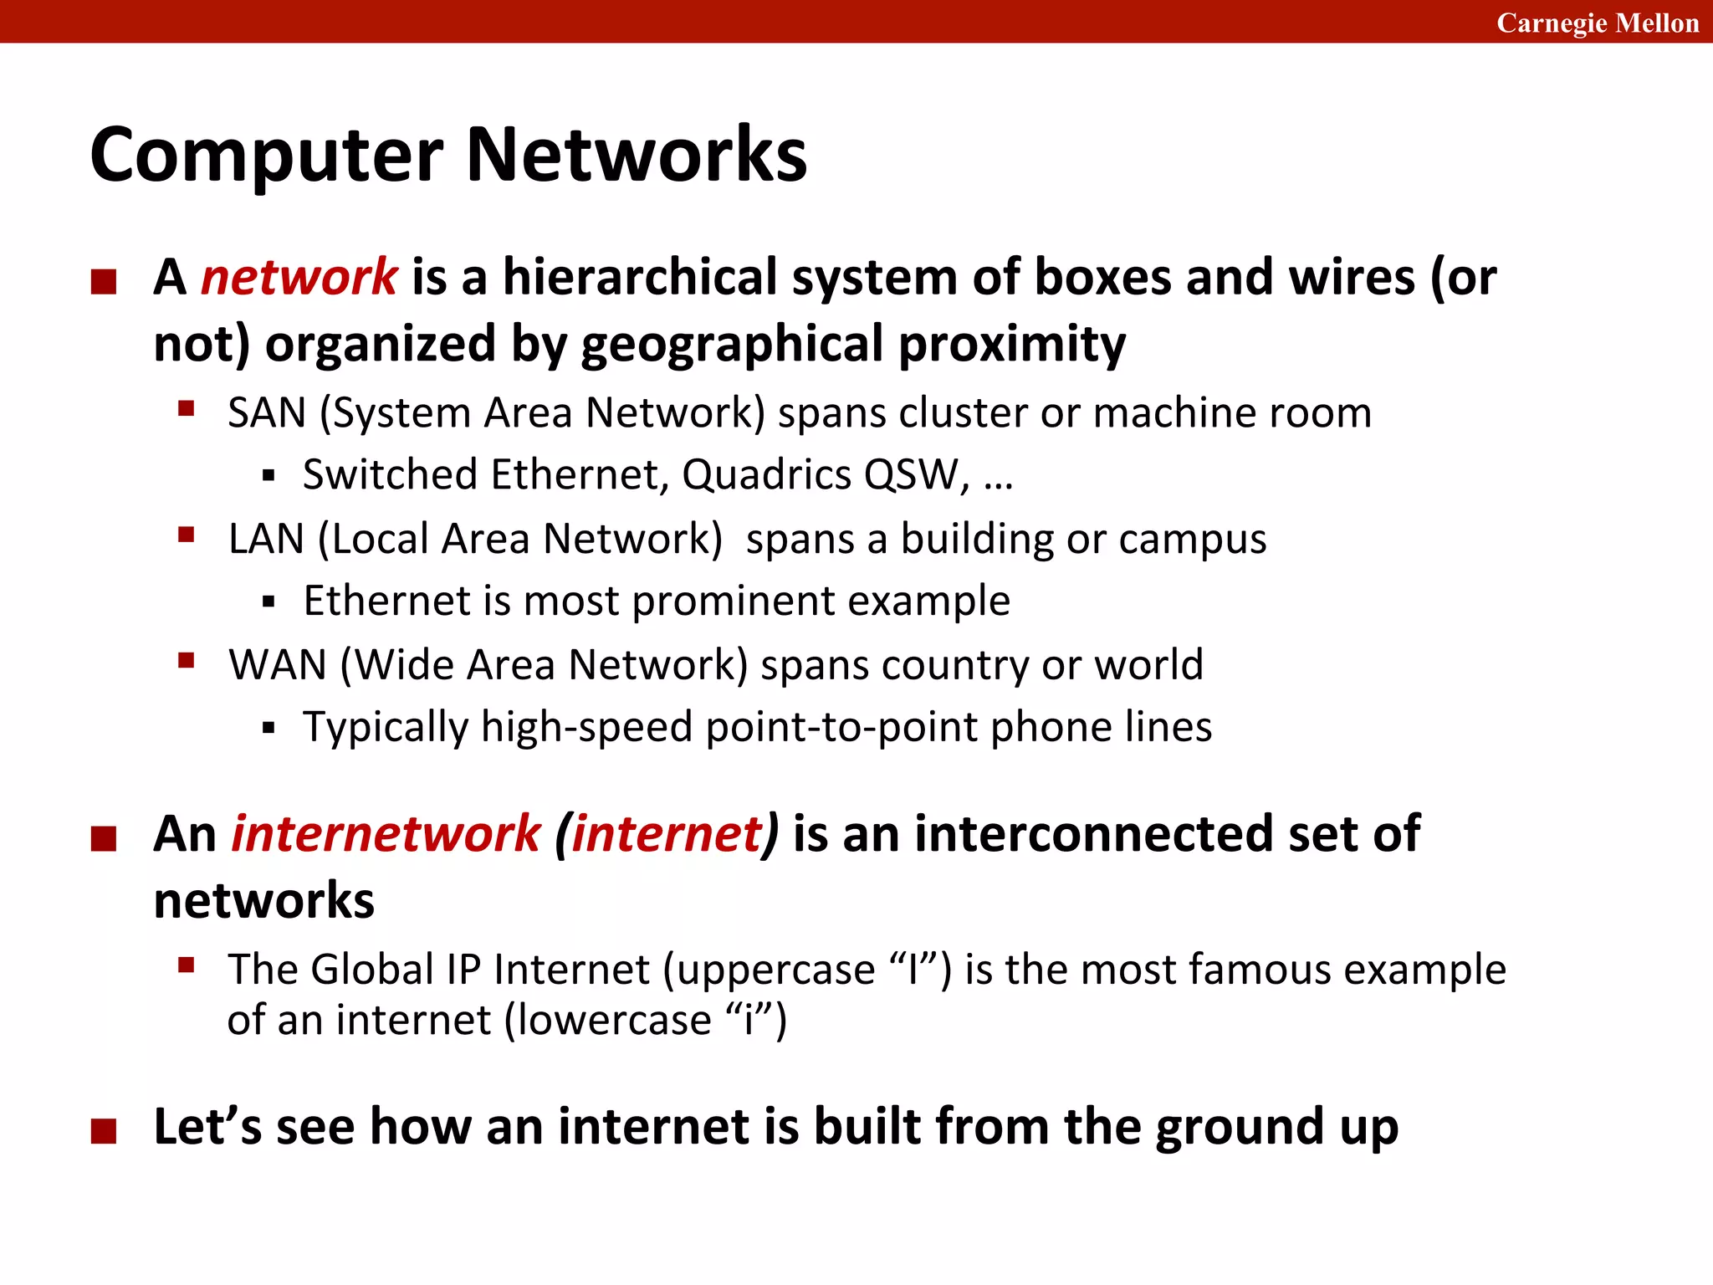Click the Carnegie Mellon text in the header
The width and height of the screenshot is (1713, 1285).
(1597, 23)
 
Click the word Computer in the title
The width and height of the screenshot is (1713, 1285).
(266, 156)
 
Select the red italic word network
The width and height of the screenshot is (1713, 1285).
(299, 277)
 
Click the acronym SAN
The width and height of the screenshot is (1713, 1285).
(267, 413)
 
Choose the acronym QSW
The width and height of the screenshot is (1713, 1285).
(911, 475)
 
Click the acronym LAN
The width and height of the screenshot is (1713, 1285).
(266, 539)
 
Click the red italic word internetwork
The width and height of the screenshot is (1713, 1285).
(386, 834)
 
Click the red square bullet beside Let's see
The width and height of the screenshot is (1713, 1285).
(104, 1131)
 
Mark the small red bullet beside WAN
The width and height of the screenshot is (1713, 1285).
(186, 661)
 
